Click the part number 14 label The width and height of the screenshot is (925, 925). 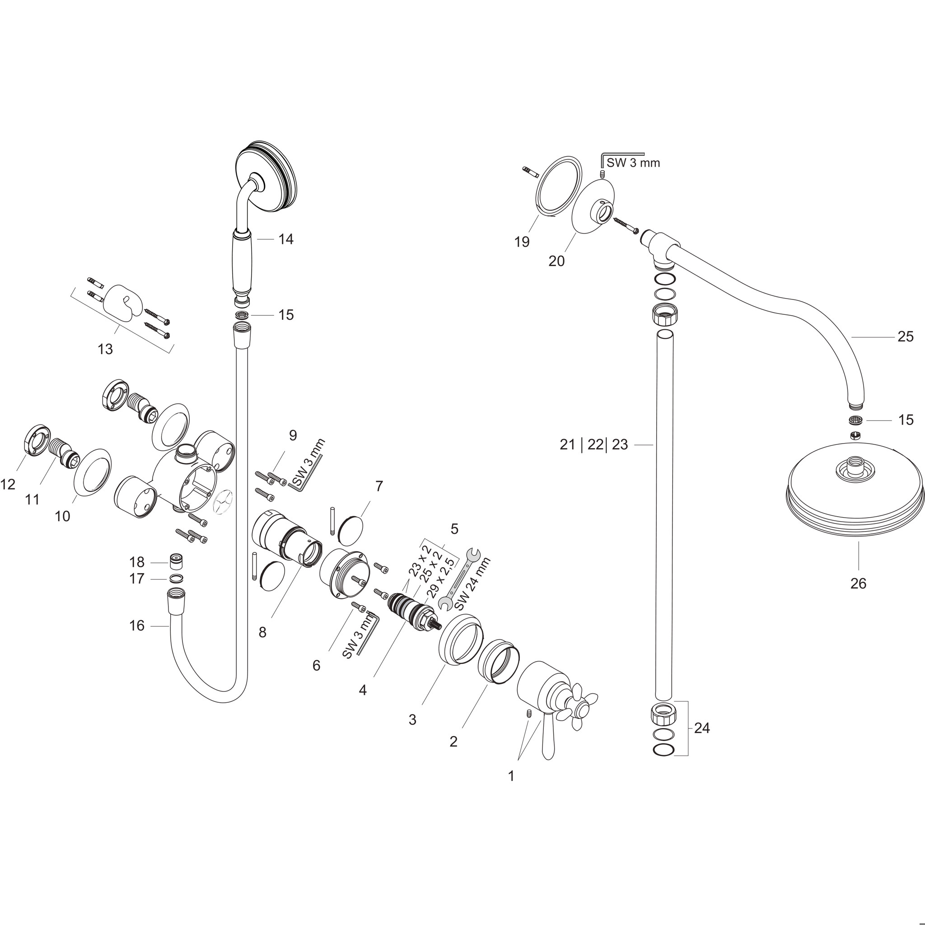tap(286, 239)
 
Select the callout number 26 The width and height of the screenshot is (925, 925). tap(858, 583)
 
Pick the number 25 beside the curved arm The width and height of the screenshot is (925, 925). tap(906, 336)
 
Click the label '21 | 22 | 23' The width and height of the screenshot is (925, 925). tap(593, 445)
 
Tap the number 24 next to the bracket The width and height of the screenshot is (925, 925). tap(702, 728)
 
